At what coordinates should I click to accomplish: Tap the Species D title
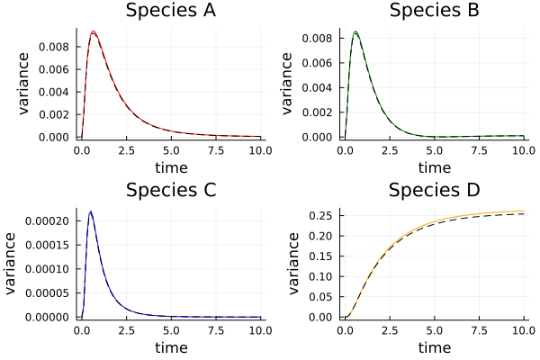pyautogui.click(x=435, y=190)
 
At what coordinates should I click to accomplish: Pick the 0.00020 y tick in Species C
pyautogui.click(x=49, y=221)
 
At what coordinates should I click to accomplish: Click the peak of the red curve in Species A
pyautogui.click(x=93, y=31)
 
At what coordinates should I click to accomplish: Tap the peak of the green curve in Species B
pyautogui.click(x=356, y=31)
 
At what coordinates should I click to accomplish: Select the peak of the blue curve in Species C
pyautogui.click(x=91, y=211)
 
